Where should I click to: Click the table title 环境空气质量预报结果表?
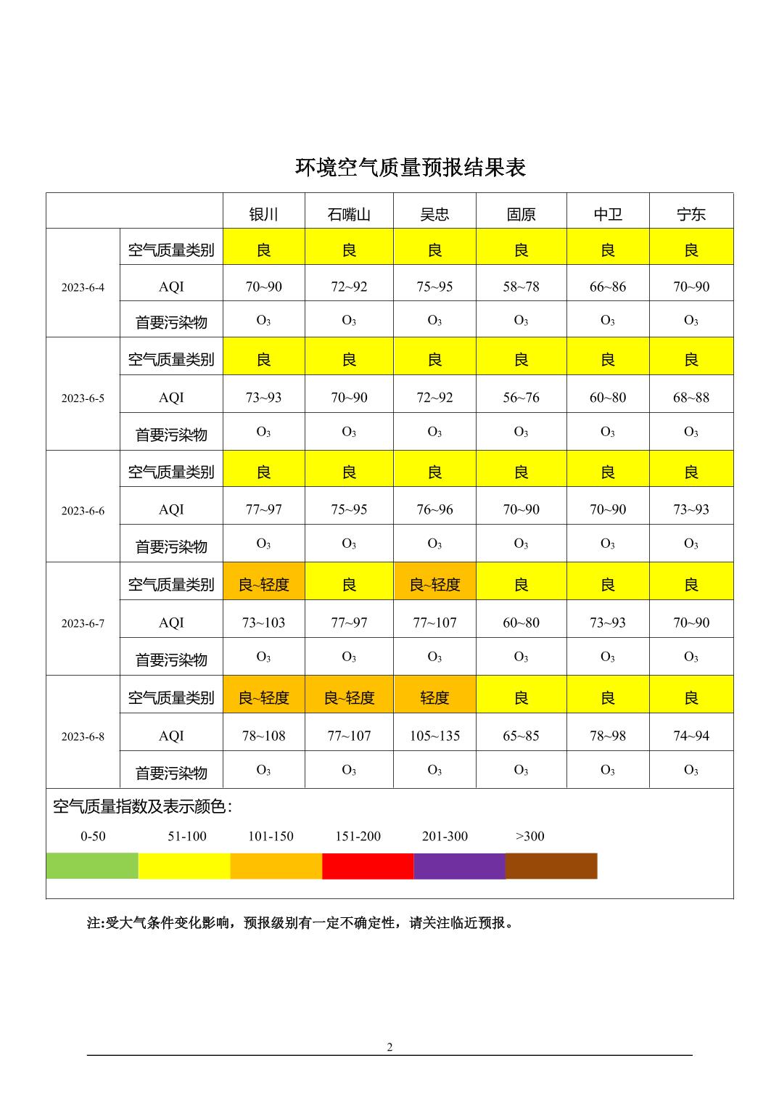[x=410, y=168]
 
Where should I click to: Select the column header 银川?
[x=263, y=214]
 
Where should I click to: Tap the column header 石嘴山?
[x=349, y=214]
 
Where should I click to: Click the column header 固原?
[x=521, y=214]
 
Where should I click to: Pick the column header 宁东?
[x=691, y=214]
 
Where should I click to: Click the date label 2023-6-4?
[x=83, y=287]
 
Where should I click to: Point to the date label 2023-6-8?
[x=83, y=737]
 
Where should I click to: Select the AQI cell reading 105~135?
[x=434, y=736]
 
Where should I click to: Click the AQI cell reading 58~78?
[x=521, y=287]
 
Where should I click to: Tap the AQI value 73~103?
[x=263, y=623]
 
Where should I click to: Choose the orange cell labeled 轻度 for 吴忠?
[x=434, y=697]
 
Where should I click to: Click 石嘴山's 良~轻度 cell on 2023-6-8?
[x=349, y=697]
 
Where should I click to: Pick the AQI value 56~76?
[x=521, y=398]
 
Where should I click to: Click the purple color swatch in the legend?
[x=459, y=866]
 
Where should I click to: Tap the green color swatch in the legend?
[x=92, y=866]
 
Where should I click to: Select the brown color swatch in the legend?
[x=551, y=866]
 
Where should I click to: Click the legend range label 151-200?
[x=358, y=836]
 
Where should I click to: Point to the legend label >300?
[x=529, y=836]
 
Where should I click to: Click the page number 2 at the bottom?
[x=389, y=1047]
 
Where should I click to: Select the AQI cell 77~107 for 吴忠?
[x=434, y=623]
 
